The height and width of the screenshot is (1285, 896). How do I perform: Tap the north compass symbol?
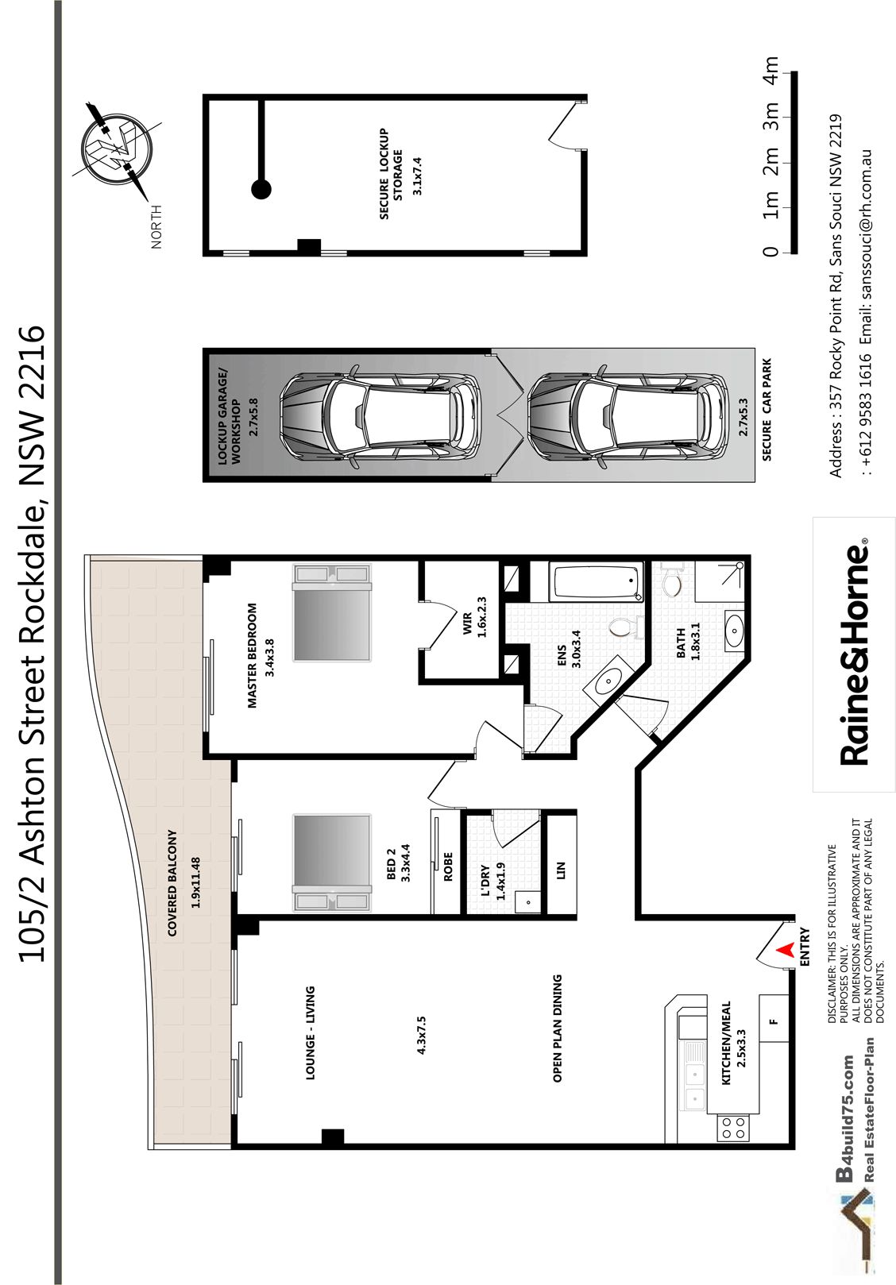tap(117, 148)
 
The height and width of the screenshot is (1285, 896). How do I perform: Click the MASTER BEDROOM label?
tap(252, 655)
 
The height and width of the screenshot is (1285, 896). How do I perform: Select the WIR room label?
tap(468, 623)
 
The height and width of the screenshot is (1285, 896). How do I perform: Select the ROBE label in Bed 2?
tap(448, 866)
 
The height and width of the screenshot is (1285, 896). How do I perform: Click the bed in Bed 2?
tap(332, 862)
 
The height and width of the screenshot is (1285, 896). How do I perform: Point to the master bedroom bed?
tap(332, 612)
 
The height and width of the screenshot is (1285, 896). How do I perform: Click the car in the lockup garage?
tap(380, 415)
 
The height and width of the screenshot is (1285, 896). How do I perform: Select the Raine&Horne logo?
tap(854, 654)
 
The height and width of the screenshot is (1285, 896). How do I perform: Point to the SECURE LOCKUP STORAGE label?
tap(392, 174)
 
